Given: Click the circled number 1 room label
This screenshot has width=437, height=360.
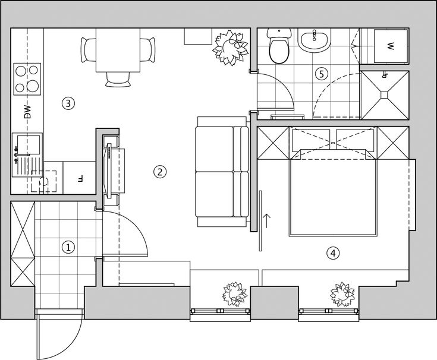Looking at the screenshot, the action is (68, 247).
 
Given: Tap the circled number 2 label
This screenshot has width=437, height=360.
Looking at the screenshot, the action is (160, 172).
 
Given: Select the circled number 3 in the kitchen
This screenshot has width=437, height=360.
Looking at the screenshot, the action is (68, 103).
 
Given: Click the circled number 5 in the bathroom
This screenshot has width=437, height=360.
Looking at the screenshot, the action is (322, 74).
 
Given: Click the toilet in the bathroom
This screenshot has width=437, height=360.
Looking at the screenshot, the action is (279, 46).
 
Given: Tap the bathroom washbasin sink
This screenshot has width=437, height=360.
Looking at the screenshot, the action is (313, 41).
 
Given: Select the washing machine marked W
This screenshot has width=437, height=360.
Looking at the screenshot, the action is (391, 46).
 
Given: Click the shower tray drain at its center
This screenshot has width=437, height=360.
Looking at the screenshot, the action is (385, 94).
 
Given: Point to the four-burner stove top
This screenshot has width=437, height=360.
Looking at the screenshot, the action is (27, 79).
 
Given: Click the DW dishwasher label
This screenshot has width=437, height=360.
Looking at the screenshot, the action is (27, 112).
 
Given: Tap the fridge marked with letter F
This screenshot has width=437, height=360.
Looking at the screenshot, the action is (80, 178).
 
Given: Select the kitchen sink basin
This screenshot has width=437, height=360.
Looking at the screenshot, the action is (29, 144).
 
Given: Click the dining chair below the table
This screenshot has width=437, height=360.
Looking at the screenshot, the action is (118, 80).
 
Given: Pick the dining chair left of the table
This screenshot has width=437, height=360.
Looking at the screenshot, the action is (89, 50).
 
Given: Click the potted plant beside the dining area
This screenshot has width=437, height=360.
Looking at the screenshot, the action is (231, 49).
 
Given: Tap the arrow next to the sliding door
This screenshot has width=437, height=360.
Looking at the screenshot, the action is (267, 221).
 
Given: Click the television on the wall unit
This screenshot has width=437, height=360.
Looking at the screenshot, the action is (108, 171).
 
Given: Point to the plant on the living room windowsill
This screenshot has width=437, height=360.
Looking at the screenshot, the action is (235, 295).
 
